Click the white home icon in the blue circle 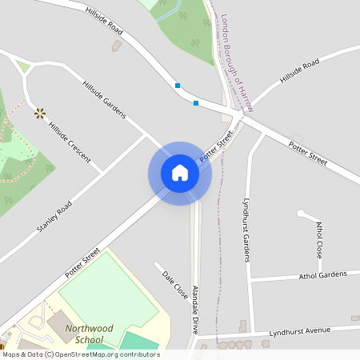pyautogui.click(x=180, y=173)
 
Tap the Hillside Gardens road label pyautogui.click(x=104, y=99)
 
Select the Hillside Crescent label pyautogui.click(x=70, y=138)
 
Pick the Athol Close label pyautogui.click(x=319, y=239)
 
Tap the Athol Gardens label pyautogui.click(x=323, y=275)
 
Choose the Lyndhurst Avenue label pyautogui.click(x=300, y=330)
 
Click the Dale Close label pyautogui.click(x=174, y=285)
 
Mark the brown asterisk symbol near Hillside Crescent pyautogui.click(x=38, y=113)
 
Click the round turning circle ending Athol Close pyautogui.click(x=301, y=214)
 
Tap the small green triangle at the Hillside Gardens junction pyautogui.click(x=22, y=67)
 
